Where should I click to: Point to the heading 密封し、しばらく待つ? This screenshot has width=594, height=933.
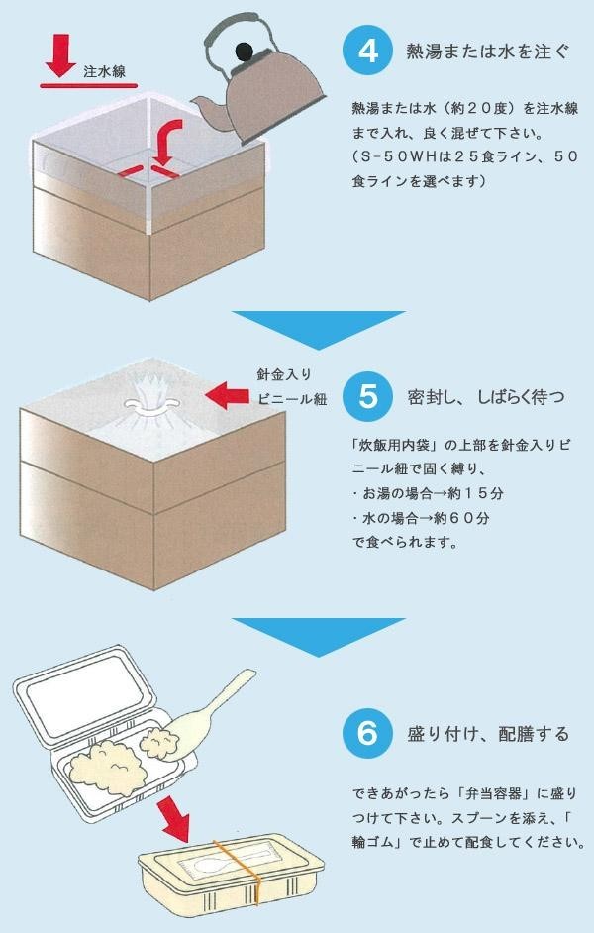point(486,398)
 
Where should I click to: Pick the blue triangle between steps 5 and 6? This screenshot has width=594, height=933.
point(317,634)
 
